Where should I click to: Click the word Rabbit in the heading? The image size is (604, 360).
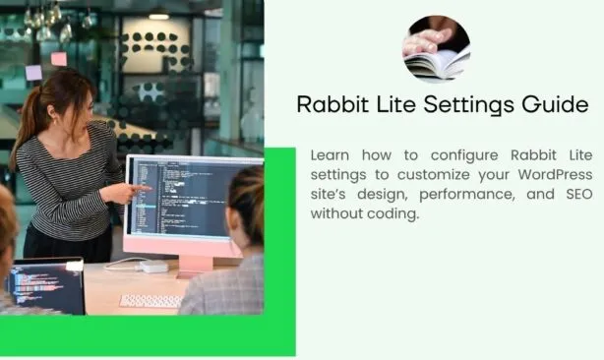click(x=332, y=104)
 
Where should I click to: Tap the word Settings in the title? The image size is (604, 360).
click(x=468, y=105)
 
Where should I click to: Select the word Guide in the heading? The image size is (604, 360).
click(x=556, y=104)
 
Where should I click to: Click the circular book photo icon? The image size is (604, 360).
click(x=436, y=49)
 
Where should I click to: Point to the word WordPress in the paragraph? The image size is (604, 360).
click(x=555, y=174)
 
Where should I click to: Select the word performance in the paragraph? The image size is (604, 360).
click(x=467, y=195)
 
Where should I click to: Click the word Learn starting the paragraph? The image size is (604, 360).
click(x=330, y=155)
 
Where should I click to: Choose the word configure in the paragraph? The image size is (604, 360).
click(x=464, y=156)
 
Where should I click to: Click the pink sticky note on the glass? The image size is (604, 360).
click(x=59, y=59)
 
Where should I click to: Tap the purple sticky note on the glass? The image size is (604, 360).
click(x=33, y=73)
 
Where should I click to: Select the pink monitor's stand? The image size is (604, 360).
click(x=196, y=266)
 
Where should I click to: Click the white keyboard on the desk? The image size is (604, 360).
click(x=151, y=301)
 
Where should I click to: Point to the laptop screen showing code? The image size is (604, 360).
click(x=45, y=286)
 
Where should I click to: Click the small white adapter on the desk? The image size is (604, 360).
click(x=153, y=266)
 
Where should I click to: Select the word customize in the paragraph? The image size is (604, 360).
click(x=434, y=175)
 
